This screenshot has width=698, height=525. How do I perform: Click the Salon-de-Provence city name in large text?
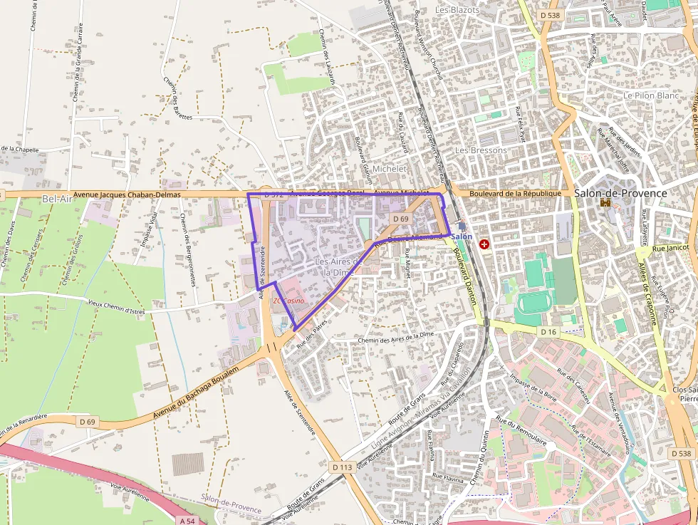pos(620,193)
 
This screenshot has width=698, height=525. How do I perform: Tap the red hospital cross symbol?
pos(485,244)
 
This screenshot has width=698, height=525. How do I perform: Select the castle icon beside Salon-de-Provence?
pos(605,203)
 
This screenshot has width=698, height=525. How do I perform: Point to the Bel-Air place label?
pos(57,199)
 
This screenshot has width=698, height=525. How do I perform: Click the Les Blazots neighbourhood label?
pos(457,10)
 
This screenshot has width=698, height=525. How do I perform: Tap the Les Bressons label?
pos(481,150)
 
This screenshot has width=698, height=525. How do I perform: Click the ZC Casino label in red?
pos(288,301)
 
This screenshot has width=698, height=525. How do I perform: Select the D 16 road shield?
pos(547,332)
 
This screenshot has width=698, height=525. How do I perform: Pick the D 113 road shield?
pos(343,467)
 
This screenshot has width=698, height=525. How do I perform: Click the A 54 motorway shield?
pos(187,521)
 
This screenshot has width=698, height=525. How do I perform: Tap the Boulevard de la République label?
pos(511,193)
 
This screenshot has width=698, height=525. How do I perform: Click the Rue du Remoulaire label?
pos(521,433)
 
